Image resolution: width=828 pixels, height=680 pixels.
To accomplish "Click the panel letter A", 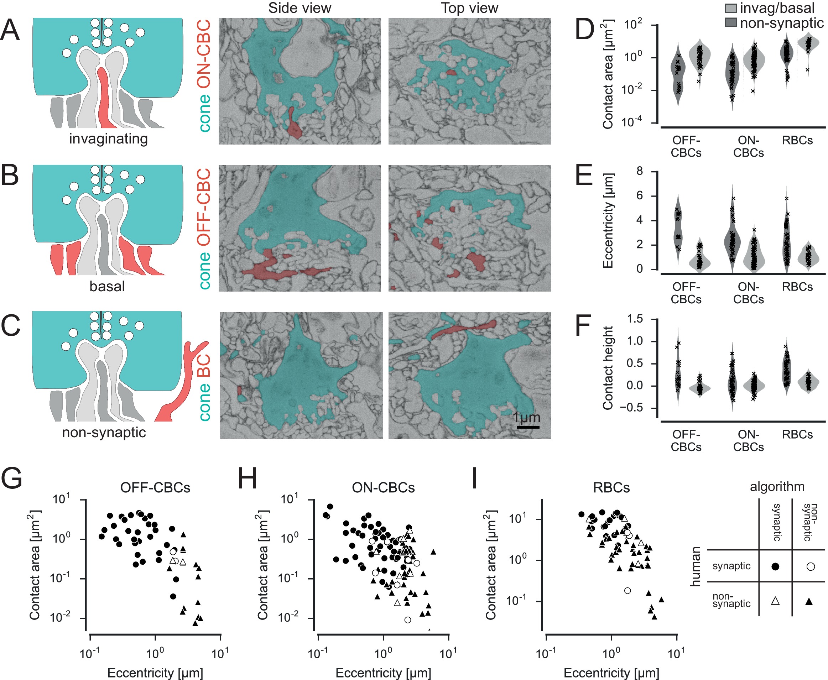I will [x=10, y=30].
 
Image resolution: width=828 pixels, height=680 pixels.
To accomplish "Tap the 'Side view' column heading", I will [x=300, y=8].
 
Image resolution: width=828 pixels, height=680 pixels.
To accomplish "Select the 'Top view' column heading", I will [x=469, y=8].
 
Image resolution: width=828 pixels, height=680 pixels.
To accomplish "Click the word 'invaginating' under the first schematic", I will [x=108, y=138].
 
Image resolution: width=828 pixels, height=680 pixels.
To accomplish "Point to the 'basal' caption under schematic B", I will [x=107, y=286].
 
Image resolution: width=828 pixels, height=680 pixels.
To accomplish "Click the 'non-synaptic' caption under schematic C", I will [x=104, y=433].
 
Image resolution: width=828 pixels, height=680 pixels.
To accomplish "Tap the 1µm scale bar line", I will [x=528, y=427].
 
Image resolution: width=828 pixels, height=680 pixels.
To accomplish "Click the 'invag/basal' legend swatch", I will [x=730, y=8].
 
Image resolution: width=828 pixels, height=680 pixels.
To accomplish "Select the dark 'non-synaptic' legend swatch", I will [x=730, y=23].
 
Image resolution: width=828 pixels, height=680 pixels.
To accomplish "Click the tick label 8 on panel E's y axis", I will [x=640, y=171].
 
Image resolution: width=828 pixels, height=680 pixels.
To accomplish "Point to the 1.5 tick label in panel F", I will [x=635, y=319].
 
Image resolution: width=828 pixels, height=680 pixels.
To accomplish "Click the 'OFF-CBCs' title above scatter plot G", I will [x=155, y=488].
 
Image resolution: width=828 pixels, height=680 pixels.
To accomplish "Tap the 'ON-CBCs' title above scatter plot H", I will [x=383, y=488].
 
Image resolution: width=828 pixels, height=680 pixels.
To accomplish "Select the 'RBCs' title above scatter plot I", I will [x=611, y=488].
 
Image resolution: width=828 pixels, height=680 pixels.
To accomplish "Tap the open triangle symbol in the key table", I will [x=775, y=601].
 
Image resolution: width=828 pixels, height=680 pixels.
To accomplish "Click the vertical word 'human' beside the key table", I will [x=695, y=566].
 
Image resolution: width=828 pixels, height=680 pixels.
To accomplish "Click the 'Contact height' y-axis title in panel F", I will [x=608, y=368].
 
